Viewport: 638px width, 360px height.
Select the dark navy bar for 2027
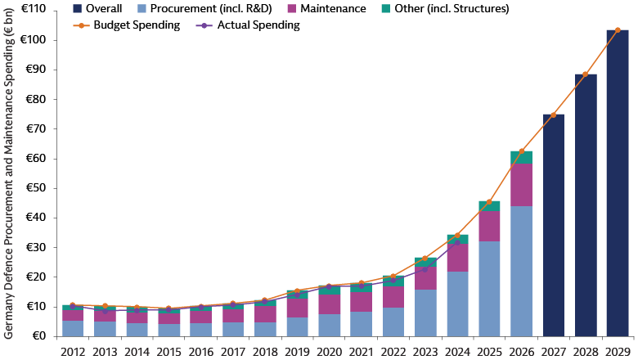(x=553, y=225)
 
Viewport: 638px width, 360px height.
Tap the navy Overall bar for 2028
(x=586, y=205)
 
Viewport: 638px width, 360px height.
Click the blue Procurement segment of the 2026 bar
(x=521, y=271)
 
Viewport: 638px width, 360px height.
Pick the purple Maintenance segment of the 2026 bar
(x=521, y=184)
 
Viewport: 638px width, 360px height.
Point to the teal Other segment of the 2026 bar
(x=521, y=156)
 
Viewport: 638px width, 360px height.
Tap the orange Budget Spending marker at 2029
(x=618, y=30)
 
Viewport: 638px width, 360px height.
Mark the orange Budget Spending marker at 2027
(x=553, y=115)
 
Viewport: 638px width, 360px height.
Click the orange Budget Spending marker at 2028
(x=586, y=74)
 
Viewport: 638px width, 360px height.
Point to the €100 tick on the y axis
(x=34, y=40)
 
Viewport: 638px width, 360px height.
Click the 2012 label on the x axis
(x=73, y=351)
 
